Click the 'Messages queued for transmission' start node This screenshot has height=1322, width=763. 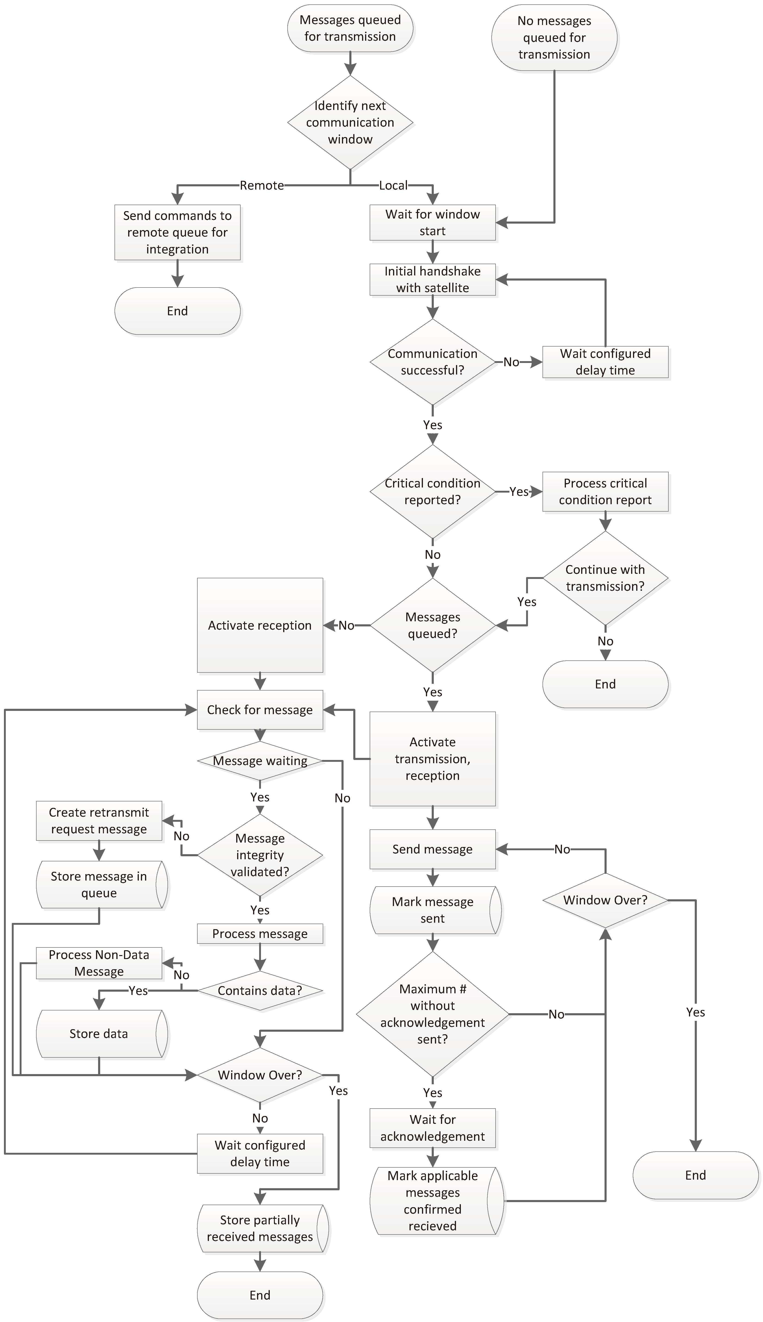pos(350,28)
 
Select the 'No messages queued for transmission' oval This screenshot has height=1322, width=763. pos(554,38)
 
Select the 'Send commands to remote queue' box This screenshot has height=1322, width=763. pos(177,232)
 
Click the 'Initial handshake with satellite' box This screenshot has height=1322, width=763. pos(432,279)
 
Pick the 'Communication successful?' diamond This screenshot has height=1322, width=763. pos(432,362)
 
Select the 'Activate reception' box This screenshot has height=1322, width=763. pos(260,625)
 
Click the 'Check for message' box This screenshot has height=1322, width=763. pos(260,710)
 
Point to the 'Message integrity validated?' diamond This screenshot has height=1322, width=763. pos(260,855)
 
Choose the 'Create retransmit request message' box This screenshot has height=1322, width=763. pos(99,821)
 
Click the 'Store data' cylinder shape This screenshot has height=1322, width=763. pos(99,1034)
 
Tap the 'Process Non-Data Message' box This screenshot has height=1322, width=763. pos(99,963)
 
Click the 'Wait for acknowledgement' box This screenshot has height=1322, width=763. pos(432,1128)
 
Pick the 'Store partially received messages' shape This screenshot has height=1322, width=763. pos(260,1228)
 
